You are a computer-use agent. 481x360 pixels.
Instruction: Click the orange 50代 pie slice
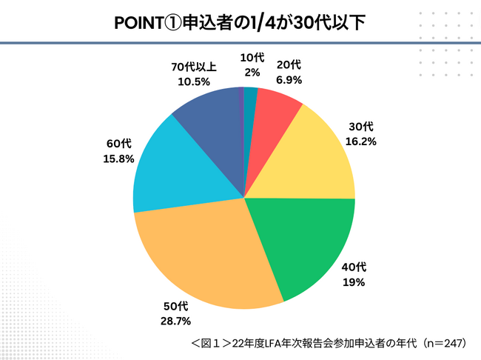tap(215, 256)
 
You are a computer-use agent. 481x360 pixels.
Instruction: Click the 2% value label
tap(250, 72)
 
